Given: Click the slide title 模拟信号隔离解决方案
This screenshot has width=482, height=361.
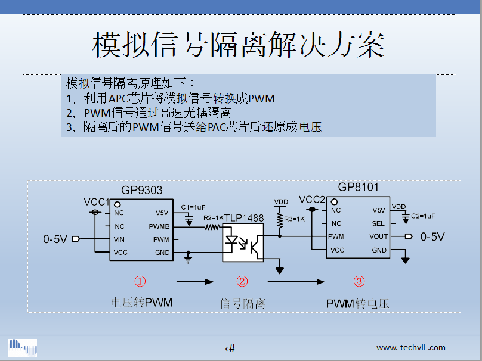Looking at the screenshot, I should click(x=239, y=45).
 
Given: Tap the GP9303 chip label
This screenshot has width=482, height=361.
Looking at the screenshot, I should click(x=142, y=190).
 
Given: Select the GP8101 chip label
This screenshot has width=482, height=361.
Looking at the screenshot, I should click(x=358, y=187).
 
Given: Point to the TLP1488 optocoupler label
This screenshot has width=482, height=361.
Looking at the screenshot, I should click(x=243, y=218).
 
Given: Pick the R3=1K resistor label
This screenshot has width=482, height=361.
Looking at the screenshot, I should click(x=294, y=219).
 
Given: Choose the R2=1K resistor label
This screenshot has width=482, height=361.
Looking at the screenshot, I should click(x=213, y=218).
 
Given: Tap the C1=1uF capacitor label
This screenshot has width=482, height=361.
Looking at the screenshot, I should click(x=193, y=207).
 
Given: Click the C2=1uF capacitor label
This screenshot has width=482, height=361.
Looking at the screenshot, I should click(x=423, y=216).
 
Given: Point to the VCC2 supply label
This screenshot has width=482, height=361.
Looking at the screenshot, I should click(x=312, y=200).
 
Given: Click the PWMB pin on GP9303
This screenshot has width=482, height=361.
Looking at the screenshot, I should click(x=159, y=226).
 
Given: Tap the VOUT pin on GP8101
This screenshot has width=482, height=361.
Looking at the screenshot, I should click(x=378, y=236).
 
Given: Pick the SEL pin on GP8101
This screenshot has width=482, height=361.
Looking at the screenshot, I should click(x=378, y=223).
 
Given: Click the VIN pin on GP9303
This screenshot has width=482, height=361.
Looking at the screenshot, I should click(x=120, y=239).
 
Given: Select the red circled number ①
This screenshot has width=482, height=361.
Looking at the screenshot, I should click(x=140, y=281).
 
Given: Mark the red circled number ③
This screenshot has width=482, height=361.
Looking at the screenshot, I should click(x=359, y=281).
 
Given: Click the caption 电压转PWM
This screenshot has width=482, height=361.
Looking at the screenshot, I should click(x=141, y=303).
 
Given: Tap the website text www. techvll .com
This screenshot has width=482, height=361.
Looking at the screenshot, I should click(x=410, y=347).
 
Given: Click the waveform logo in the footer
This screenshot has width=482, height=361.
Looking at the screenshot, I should click(x=23, y=347).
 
